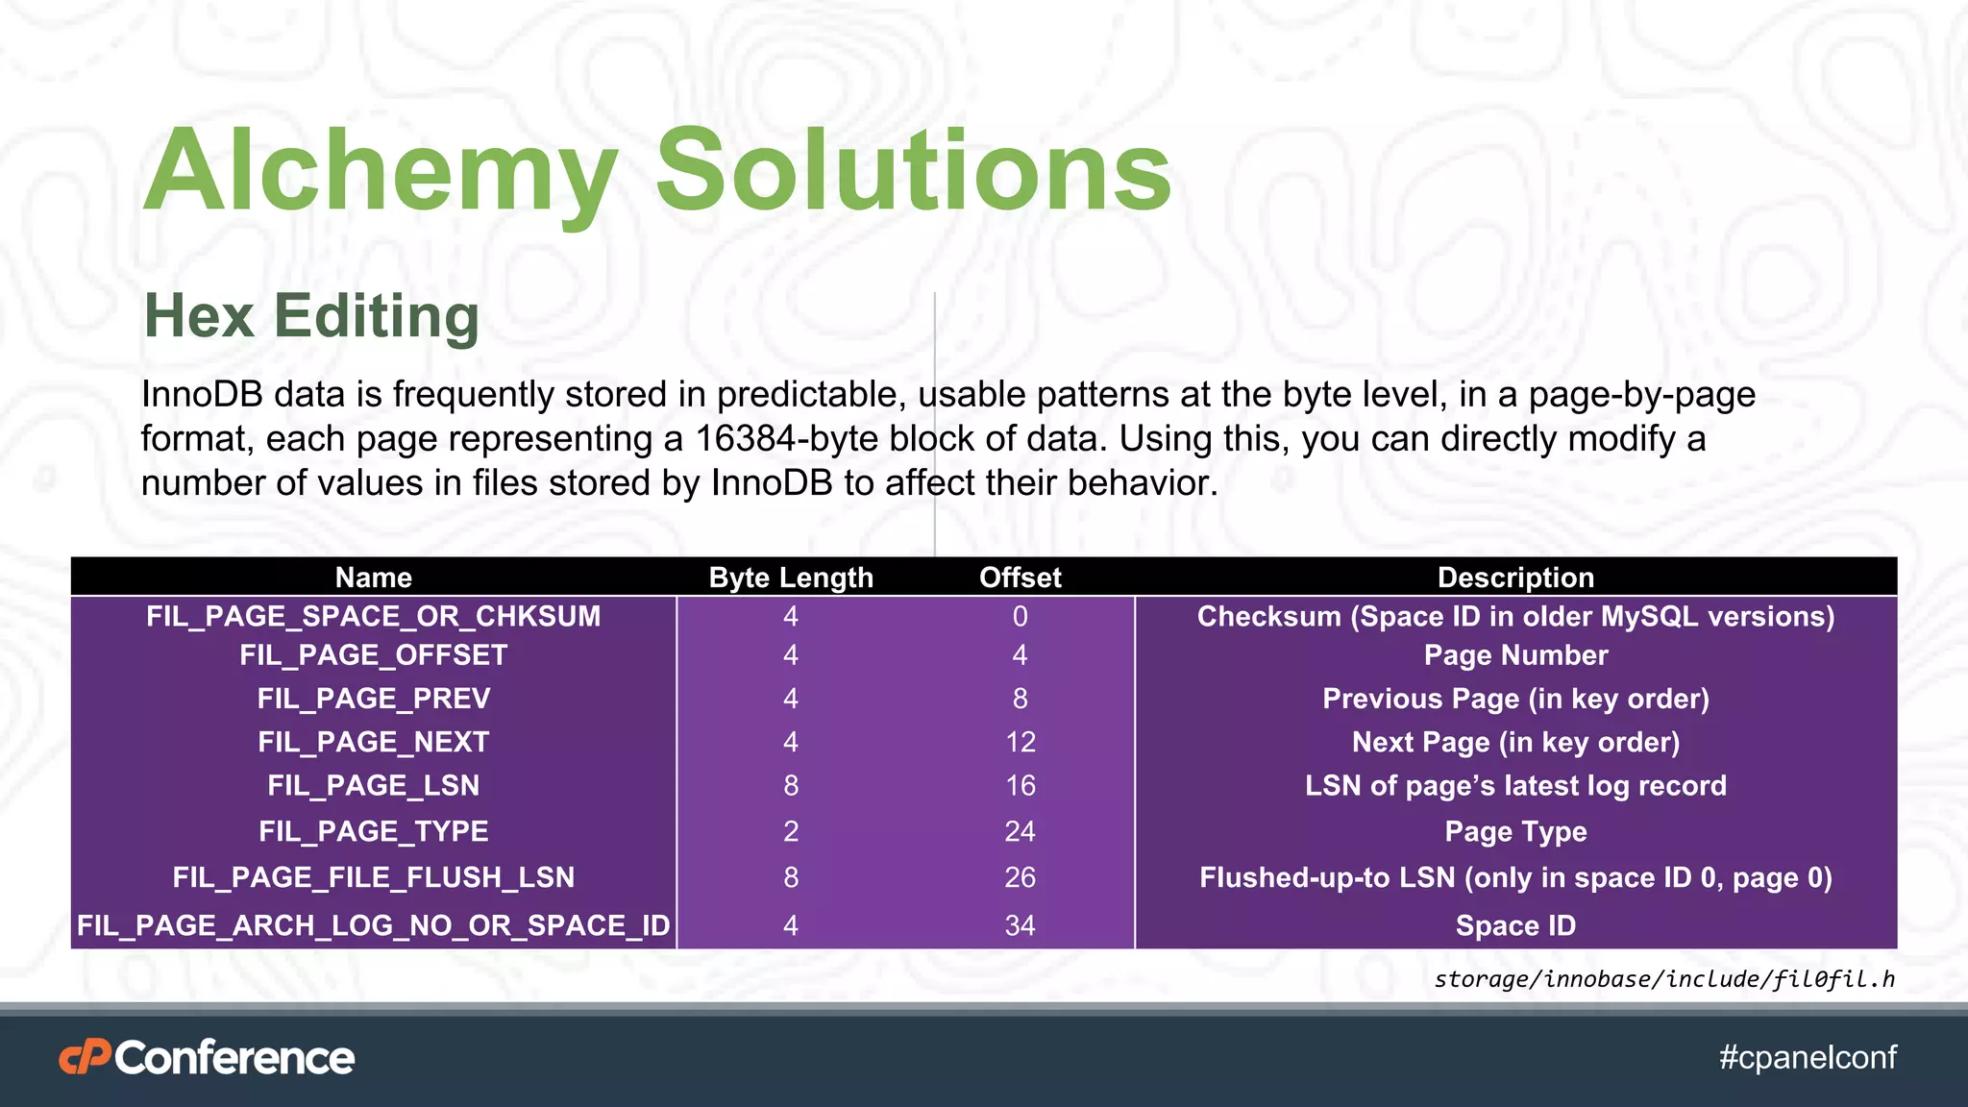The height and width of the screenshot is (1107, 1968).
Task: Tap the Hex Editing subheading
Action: pyautogui.click(x=310, y=316)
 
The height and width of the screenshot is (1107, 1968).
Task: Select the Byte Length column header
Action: pyautogui.click(x=790, y=578)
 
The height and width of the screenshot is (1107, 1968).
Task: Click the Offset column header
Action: pyautogui.click(x=1020, y=578)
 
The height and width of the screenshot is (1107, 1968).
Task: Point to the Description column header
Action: pyautogui.click(x=1515, y=578)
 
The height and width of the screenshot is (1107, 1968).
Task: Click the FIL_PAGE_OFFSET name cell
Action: pyautogui.click(x=373, y=655)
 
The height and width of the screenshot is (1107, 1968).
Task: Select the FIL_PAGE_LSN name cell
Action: pyautogui.click(x=373, y=786)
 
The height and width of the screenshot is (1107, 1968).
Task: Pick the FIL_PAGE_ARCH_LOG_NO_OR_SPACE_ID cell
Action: pyautogui.click(x=373, y=925)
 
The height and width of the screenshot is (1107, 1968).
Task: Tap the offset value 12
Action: pyautogui.click(x=1021, y=742)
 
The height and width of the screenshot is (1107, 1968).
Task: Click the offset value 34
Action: pyautogui.click(x=1020, y=925)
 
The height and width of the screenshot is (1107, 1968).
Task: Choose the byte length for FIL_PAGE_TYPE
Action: pyautogui.click(x=790, y=831)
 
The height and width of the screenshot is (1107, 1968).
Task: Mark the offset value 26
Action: pyautogui.click(x=1020, y=877)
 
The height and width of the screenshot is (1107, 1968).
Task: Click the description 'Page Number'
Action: pyautogui.click(x=1515, y=655)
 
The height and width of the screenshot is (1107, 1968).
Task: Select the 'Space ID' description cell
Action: pyautogui.click(x=1515, y=925)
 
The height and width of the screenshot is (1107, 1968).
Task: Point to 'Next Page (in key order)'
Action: pyautogui.click(x=1515, y=742)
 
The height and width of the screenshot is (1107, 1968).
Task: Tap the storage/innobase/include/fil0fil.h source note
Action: pyautogui.click(x=1664, y=979)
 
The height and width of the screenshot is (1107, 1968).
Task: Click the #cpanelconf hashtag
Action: pyautogui.click(x=1808, y=1057)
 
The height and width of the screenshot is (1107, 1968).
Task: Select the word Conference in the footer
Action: pyautogui.click(x=234, y=1058)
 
